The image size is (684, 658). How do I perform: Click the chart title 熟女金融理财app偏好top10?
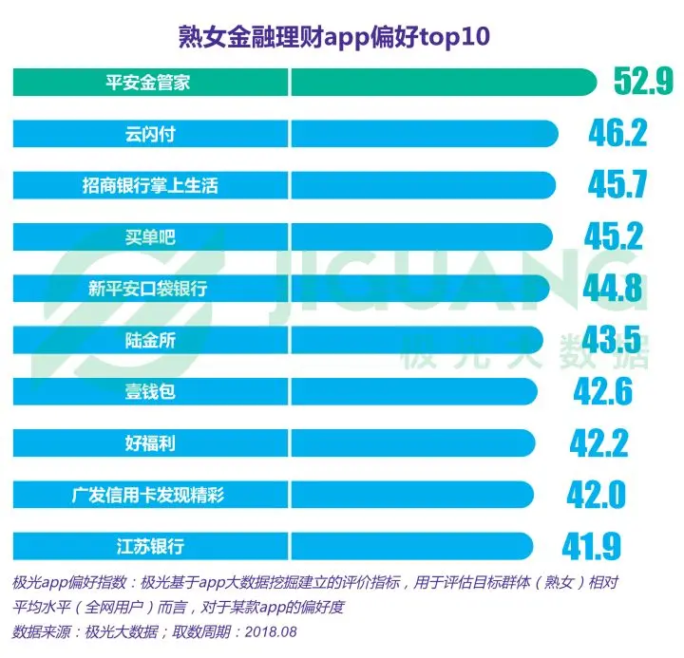pos(336,37)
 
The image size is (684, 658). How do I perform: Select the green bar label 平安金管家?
pos(147,83)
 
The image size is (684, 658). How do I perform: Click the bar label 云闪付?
pos(147,134)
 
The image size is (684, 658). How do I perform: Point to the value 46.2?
pos(617,133)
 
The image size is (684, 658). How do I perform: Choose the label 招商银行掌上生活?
pos(149,185)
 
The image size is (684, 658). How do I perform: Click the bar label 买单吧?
pos(148,237)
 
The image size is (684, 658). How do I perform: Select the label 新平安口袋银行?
pos(148,289)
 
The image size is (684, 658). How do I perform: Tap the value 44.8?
pos(612,288)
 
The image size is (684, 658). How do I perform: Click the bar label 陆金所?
pos(148,340)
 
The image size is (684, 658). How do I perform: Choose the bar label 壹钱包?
pos(148,391)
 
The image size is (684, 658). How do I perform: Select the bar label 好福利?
pos(148,442)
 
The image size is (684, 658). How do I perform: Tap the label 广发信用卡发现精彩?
pos(148,495)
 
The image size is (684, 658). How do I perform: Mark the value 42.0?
pos(596,495)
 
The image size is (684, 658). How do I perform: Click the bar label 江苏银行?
pos(148,546)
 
